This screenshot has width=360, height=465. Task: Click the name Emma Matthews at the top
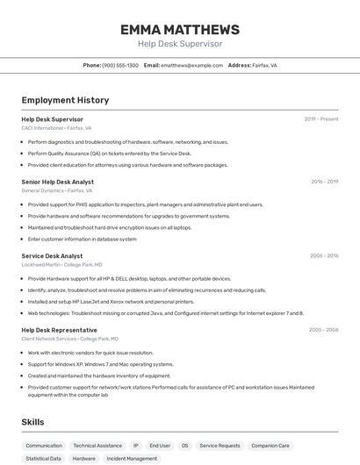click(x=180, y=30)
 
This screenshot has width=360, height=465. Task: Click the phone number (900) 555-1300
click(x=120, y=65)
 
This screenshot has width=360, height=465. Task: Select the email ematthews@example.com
click(x=191, y=65)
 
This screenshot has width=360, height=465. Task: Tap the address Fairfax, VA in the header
click(x=264, y=65)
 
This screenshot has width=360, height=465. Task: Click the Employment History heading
click(x=65, y=100)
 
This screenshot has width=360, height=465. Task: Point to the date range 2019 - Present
click(x=320, y=119)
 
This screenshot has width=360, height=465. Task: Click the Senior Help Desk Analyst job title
click(x=58, y=182)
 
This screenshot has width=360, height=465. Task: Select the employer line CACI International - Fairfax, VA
click(x=56, y=128)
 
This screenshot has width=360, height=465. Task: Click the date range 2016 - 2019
click(x=324, y=182)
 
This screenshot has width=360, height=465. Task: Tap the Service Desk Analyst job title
click(x=52, y=256)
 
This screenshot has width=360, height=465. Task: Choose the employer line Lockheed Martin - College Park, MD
click(x=61, y=264)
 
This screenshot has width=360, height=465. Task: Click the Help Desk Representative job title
click(x=60, y=330)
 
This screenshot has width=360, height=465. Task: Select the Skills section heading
click(x=32, y=422)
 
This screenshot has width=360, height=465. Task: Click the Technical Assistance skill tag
click(x=97, y=446)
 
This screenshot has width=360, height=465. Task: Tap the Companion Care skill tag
click(x=270, y=446)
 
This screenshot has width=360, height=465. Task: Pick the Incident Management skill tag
click(x=132, y=459)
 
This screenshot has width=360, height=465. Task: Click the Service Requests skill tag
click(x=220, y=446)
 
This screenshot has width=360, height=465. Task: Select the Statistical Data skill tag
click(x=44, y=459)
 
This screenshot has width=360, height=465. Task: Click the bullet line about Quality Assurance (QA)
click(x=109, y=154)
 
